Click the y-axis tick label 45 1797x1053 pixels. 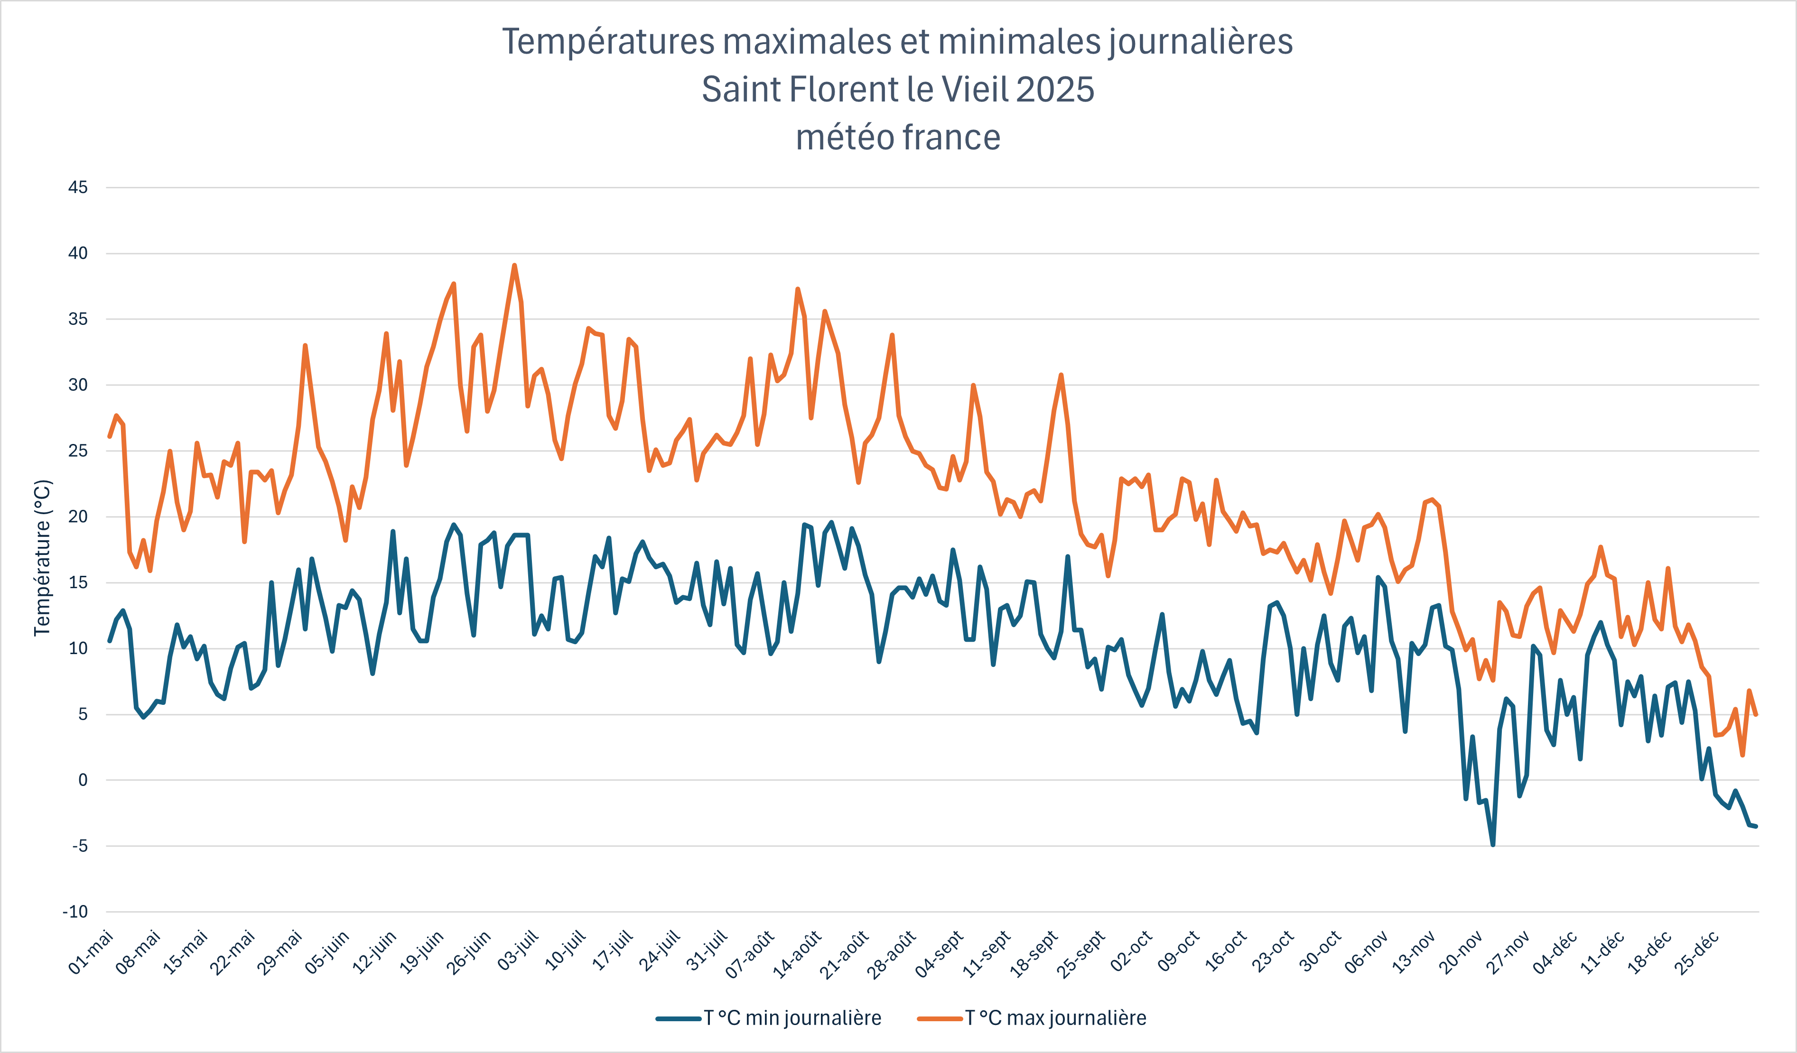coord(78,187)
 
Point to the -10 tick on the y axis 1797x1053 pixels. coord(75,912)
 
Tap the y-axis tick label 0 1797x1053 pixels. coord(83,780)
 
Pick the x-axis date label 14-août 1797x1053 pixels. coord(799,953)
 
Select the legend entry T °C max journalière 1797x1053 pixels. coord(1055,1018)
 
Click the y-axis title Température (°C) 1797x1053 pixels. coord(43,557)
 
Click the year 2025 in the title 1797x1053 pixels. coord(1055,89)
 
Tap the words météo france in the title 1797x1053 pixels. coord(898,137)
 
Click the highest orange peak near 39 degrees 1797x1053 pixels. coord(514,266)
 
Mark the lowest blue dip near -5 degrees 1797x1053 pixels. coord(1492,845)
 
